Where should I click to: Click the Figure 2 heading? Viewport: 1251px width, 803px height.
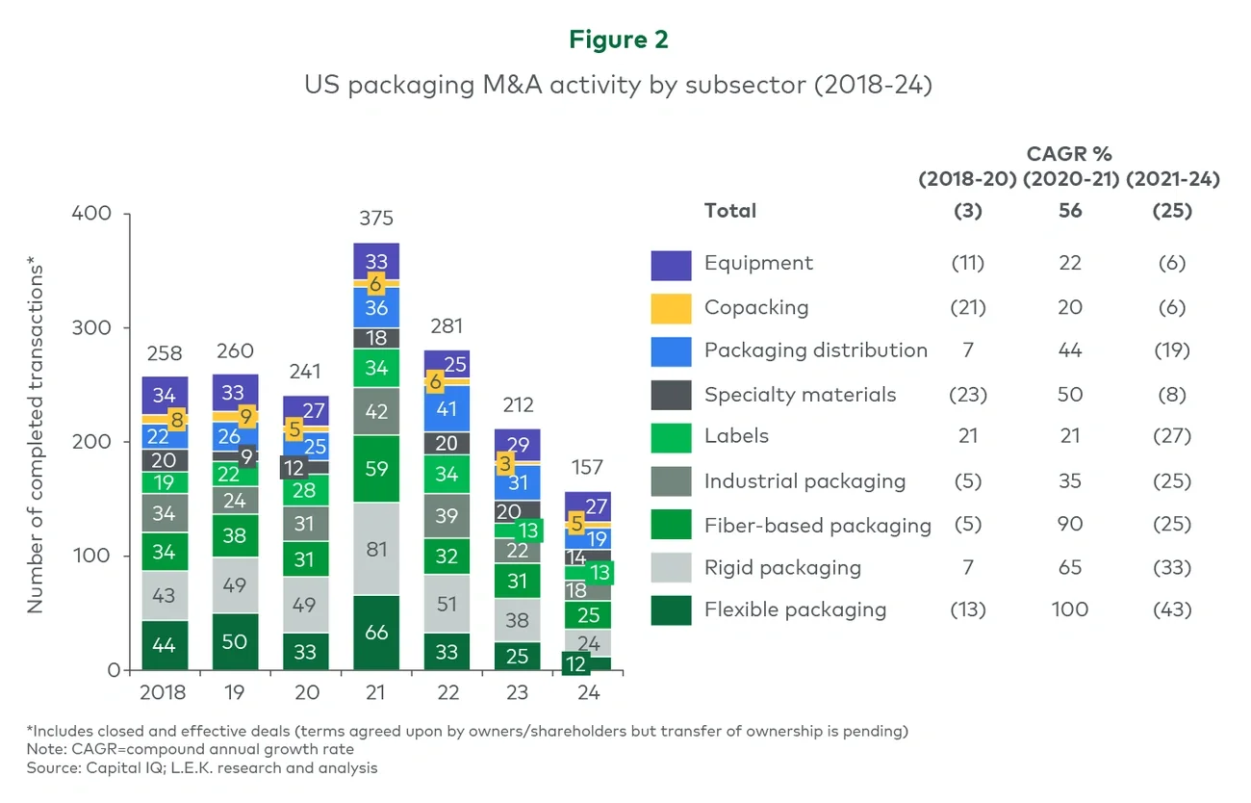(618, 39)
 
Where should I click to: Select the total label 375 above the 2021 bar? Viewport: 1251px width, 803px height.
(376, 219)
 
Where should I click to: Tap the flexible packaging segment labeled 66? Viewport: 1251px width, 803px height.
(376, 632)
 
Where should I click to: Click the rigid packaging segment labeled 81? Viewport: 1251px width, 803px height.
(376, 549)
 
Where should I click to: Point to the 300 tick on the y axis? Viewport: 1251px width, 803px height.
(92, 327)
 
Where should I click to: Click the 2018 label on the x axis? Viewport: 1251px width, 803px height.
(164, 692)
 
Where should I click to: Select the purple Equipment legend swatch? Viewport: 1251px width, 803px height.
(671, 265)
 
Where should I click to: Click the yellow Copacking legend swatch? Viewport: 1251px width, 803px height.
(671, 308)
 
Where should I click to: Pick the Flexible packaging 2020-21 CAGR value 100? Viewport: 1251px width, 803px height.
(1069, 609)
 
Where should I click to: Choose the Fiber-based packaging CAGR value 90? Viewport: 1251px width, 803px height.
(1069, 525)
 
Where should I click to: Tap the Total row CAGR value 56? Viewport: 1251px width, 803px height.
(1069, 211)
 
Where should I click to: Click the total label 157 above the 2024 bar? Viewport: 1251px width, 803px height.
(587, 468)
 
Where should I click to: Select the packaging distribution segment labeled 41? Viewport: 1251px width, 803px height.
(447, 407)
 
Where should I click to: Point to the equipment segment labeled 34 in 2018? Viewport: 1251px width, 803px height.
(164, 395)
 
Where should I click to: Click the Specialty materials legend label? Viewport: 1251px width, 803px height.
(800, 395)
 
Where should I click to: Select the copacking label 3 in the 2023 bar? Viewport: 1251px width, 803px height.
(504, 464)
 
